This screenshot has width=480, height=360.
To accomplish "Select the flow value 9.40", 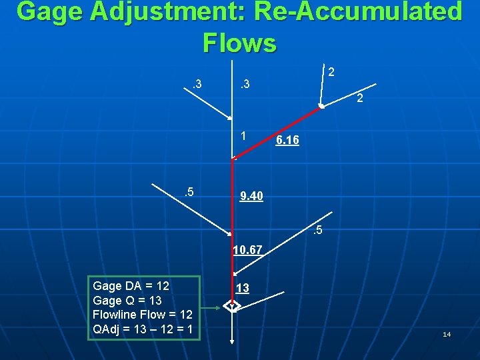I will coord(251,196).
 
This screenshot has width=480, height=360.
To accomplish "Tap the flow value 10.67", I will coord(247,251).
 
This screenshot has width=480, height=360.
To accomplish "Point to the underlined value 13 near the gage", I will coord(243,288).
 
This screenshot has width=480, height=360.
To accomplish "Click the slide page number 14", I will coord(447,334).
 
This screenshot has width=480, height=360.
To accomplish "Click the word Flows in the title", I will coord(239,43).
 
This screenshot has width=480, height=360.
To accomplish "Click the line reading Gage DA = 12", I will coord(131,286).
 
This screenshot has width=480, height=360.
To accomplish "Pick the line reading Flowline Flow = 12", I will coord(143,315).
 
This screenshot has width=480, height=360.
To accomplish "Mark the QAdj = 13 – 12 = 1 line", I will coord(143,329).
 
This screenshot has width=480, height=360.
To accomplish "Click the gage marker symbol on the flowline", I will coord(231,307).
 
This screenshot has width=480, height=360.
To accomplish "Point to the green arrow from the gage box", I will coord(212,307).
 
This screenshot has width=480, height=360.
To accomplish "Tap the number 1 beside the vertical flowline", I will coord(245,135).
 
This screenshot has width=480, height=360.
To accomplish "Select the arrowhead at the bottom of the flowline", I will coord(231,341).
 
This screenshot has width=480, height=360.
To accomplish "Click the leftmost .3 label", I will coord(197,84).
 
